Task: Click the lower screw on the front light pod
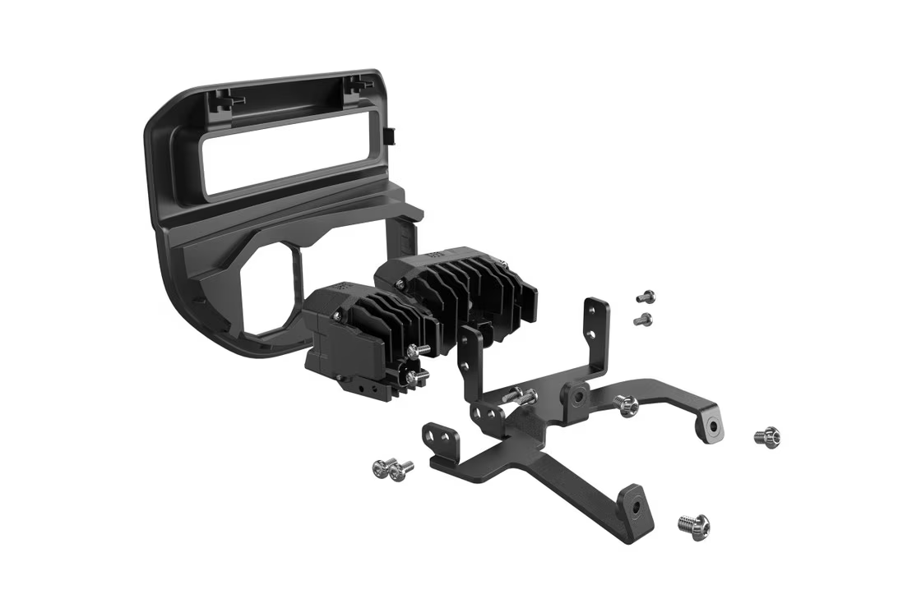415,376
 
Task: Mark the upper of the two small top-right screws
646,296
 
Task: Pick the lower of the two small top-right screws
644,319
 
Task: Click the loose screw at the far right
766,436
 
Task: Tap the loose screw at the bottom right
694,523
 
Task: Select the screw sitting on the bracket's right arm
627,404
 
